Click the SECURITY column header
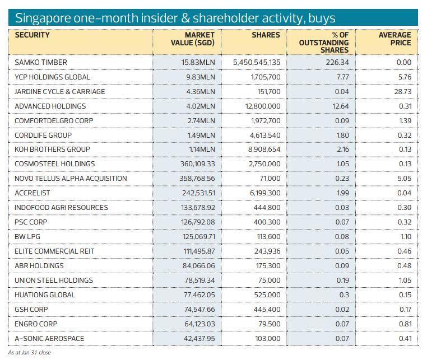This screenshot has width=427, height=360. pos(32,35)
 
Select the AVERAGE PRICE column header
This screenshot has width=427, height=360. pos(394,39)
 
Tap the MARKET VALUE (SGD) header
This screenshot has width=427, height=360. pos(192,39)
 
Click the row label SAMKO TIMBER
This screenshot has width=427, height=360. pos(41,63)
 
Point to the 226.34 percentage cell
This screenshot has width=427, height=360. pos(337,63)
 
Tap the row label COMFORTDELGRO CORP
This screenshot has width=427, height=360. pos(54,121)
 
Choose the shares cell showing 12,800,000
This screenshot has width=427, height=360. pos(261,106)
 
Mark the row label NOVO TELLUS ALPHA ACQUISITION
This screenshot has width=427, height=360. pos(71,179)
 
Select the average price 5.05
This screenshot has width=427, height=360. pos(403,179)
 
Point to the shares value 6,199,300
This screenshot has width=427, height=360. pos(263,193)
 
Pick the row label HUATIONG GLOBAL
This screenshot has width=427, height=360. pos(45,295)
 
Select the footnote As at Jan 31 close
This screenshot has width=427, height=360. pos(29,353)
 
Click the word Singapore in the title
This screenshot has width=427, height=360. pos(41,18)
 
